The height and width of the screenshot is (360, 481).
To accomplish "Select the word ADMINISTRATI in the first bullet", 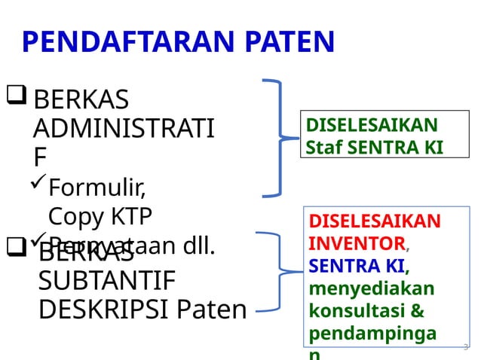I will coord(124,127).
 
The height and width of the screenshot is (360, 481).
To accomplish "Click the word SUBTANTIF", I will coord(106,281).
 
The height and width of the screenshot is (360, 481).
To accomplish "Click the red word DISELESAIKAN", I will coord(375,221).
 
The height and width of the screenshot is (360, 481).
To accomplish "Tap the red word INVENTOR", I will coord(357,243).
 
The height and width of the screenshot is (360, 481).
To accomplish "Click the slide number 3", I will coord(465,347).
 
